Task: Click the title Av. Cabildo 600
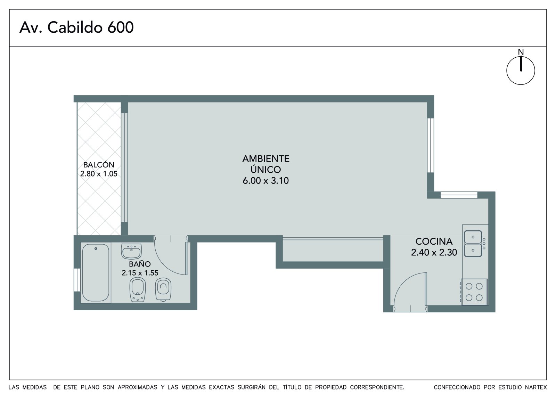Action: tap(76, 27)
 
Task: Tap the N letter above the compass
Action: tap(521, 52)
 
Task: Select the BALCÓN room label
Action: tap(99, 165)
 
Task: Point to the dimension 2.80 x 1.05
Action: tap(99, 173)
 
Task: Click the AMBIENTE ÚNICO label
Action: tap(266, 164)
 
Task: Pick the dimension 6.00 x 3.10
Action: tap(266, 180)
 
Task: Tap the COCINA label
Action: tap(434, 241)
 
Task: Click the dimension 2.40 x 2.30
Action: tap(434, 252)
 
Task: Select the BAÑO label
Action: tap(140, 264)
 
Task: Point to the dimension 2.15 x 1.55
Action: tap(140, 273)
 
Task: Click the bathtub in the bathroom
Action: tap(96, 272)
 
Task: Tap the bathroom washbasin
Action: tap(131, 251)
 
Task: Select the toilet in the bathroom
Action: tap(163, 289)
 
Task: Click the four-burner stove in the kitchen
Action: tap(474, 292)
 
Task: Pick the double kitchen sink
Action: tap(473, 244)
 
